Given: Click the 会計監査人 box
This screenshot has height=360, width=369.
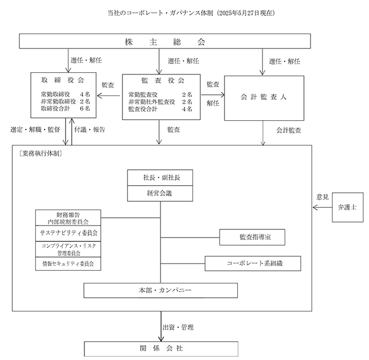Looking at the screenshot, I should coord(264,97).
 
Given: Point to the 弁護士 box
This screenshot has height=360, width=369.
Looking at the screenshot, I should coord(347,207).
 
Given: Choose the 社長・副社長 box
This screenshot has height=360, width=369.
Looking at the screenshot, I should coord(161,178).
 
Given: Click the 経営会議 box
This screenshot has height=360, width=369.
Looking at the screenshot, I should coord(161,194).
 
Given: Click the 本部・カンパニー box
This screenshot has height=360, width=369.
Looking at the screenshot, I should coord(161,290).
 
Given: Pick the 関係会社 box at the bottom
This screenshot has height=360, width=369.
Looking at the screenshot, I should coord(161,348).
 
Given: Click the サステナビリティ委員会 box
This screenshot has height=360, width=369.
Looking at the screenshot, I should coord(68,233).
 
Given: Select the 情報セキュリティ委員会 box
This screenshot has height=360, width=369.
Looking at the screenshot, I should coord(68,264).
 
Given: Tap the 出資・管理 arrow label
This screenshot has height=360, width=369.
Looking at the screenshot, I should coord(178,327).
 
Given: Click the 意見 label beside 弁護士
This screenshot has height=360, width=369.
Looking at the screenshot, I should coord(323,197).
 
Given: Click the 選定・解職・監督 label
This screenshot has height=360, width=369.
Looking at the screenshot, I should coord(35,130).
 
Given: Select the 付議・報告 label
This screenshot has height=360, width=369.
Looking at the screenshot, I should coord(90,130).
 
